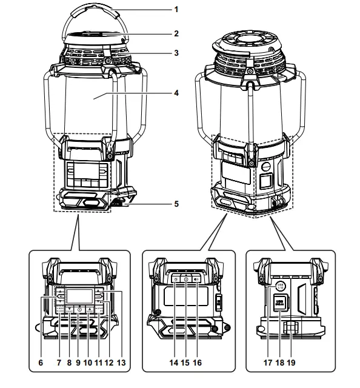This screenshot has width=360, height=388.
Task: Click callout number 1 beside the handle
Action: pyautogui.click(x=176, y=10)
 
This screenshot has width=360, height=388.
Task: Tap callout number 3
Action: pyautogui.click(x=176, y=53)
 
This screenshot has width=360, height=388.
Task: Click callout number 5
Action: pyautogui.click(x=176, y=204)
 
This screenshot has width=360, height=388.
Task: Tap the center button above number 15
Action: pyautogui.click(x=186, y=279)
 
